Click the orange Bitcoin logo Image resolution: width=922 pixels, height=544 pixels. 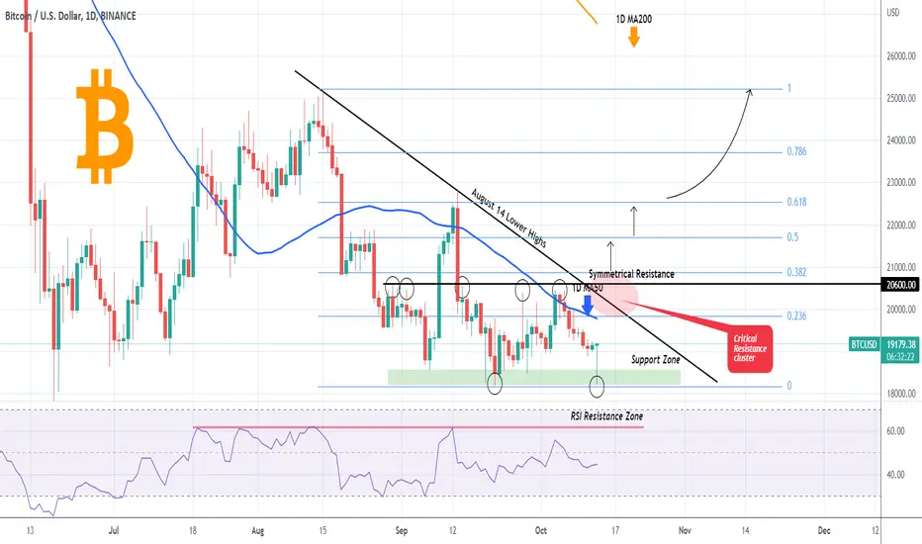pos(104,126)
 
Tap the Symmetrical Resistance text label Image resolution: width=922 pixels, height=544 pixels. pos(631,272)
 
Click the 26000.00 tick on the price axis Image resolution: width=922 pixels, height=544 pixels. pos(897,56)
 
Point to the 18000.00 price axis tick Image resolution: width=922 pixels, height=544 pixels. pos(897,394)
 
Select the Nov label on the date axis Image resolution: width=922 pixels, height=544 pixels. pos(683,530)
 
